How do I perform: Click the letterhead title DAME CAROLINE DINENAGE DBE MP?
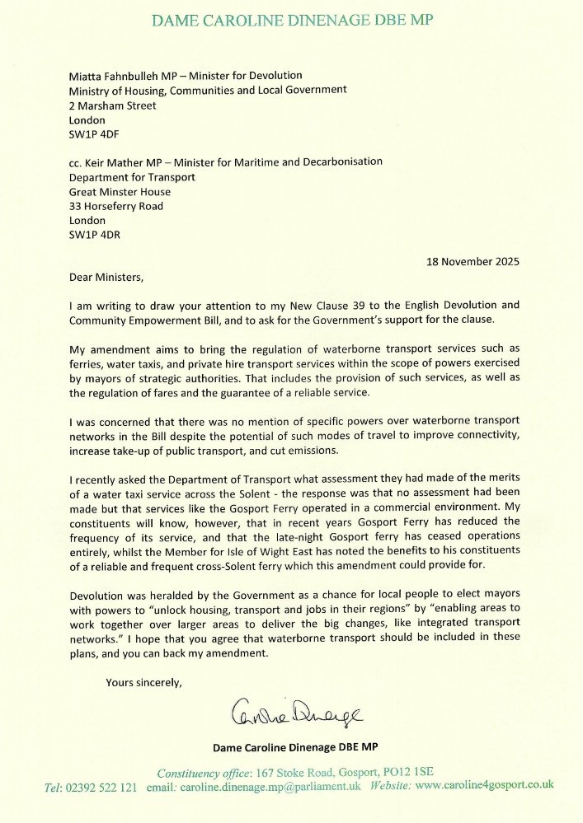[291, 20]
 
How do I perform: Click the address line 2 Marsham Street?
[112, 105]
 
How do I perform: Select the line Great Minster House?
[120, 192]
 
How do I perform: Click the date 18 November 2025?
[473, 262]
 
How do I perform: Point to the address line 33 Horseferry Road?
[116, 207]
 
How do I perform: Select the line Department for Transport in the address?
[132, 177]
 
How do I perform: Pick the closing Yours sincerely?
[144, 681]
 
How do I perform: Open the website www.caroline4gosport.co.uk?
[484, 787]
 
